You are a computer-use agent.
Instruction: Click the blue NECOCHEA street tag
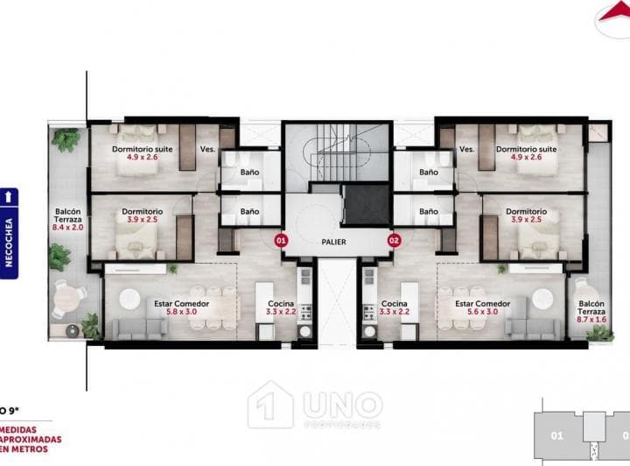click(x=9, y=232)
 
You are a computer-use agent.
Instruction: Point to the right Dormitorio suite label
click(x=526, y=154)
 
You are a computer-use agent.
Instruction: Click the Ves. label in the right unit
click(x=466, y=149)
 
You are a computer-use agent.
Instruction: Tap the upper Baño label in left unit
click(x=249, y=172)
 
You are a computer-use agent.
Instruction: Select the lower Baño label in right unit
click(x=428, y=211)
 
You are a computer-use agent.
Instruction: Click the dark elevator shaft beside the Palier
click(x=365, y=204)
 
